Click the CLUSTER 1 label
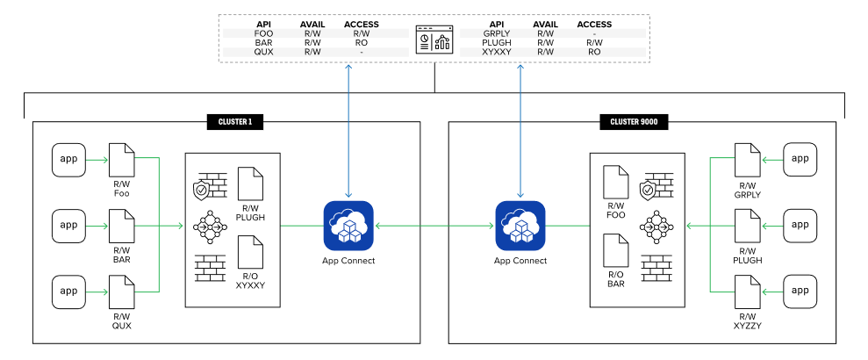coord(234,122)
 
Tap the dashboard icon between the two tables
coord(434,40)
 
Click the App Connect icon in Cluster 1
coord(348,226)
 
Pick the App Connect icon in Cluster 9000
coord(520,226)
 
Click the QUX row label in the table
coord(263,52)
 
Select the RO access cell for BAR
coord(362,43)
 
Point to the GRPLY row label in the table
coord(497,33)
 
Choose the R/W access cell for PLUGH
coord(594,43)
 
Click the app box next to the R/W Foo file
coord(68,160)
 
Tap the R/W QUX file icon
coord(121,292)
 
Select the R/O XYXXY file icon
coord(250,252)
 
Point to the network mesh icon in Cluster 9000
coord(657,227)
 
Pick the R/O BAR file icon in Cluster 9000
coord(615,249)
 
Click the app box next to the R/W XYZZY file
coord(800,292)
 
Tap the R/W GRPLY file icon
coord(747,160)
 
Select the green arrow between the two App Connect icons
coord(434,226)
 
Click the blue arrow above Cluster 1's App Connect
coord(348,131)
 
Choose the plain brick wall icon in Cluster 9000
coord(657,268)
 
